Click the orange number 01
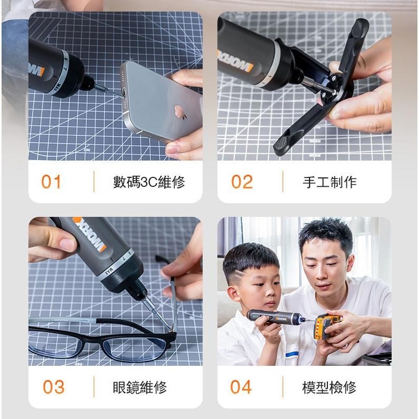tap(52, 182)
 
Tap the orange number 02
tap(242, 182)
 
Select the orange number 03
tap(53, 387)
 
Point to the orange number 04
tap(241, 387)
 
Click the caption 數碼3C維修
tap(149, 183)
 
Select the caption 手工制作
tap(330, 183)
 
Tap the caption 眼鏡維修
tap(140, 387)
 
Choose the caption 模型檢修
tap(330, 387)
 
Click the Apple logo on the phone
tap(179, 112)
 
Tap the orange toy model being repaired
tap(326, 326)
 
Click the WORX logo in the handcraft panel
tap(235, 61)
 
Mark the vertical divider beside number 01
tap(94, 182)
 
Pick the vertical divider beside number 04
tap(283, 387)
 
